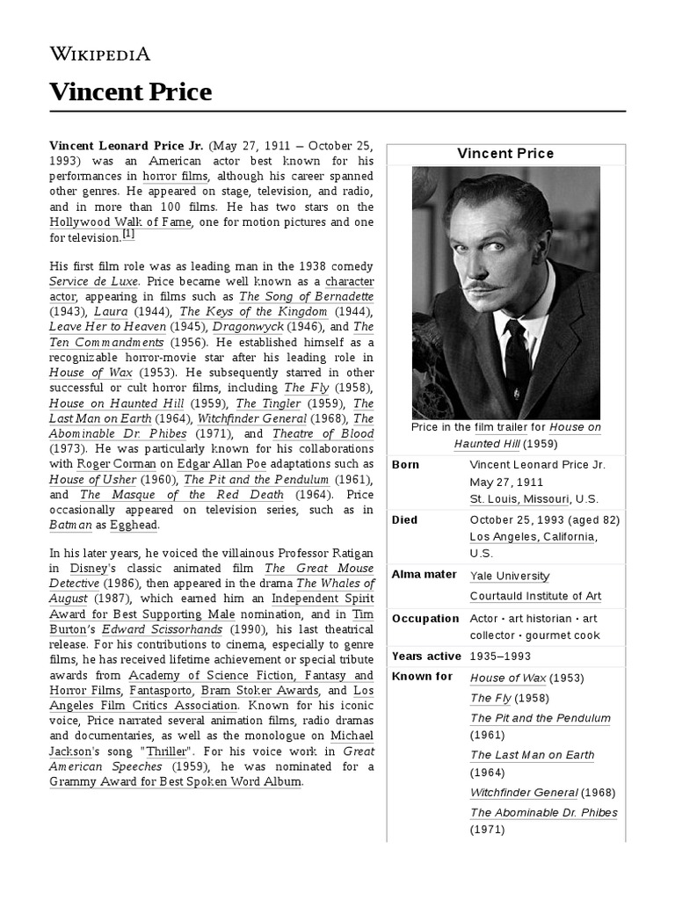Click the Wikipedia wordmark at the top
point(99,54)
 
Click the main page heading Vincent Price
point(130,91)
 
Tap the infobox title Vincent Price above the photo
point(505,154)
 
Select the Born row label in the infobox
point(405,464)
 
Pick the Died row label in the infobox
point(405,519)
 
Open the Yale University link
point(510,576)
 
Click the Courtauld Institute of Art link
point(535,596)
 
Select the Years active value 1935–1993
point(500,656)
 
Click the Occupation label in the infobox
point(425,619)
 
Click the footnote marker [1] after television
point(128,235)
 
